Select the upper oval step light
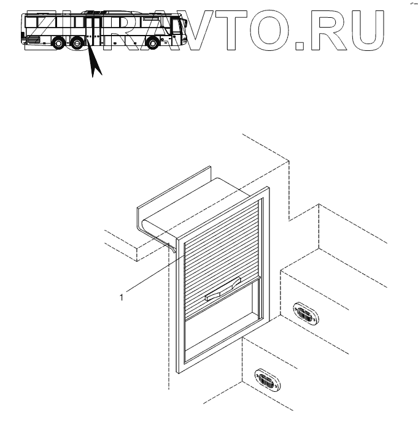pyautogui.click(x=304, y=313)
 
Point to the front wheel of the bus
pyautogui.click(x=151, y=44)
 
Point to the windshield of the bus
pyautogui.click(x=179, y=28)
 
